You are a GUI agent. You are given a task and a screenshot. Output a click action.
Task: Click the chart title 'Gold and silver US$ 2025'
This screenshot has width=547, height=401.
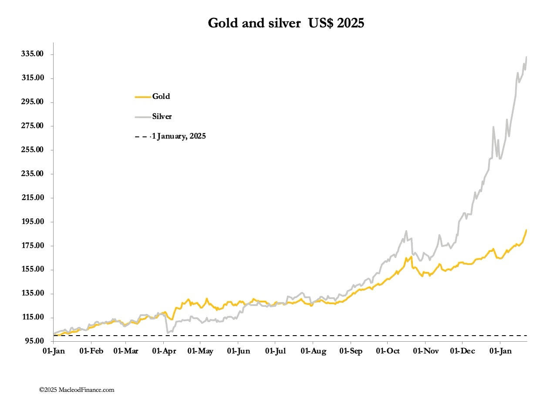[286, 23]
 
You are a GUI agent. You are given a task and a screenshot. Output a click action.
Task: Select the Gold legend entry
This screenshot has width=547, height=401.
[161, 96]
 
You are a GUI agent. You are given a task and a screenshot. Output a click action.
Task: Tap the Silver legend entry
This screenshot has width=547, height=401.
[162, 116]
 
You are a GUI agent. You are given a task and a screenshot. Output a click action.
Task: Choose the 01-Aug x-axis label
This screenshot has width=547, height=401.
[313, 351]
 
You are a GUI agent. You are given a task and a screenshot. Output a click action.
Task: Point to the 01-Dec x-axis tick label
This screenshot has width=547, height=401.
[462, 351]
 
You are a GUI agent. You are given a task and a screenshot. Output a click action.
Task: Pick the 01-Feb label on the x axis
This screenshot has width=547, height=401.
[91, 351]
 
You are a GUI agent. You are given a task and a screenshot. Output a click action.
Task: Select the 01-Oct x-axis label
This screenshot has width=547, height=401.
[388, 351]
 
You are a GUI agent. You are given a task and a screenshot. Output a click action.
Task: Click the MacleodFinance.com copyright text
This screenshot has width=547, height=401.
[77, 390]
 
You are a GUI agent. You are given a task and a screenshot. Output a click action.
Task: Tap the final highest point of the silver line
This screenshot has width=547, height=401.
[527, 57]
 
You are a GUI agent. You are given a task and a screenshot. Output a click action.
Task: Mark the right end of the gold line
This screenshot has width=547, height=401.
[527, 230]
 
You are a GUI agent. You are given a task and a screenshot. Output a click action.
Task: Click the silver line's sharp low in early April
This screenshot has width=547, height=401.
[168, 333]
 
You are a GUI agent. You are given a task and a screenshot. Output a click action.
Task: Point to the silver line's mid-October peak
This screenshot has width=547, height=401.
[406, 231]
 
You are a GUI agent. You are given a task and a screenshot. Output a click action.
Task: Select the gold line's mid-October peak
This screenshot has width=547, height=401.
[411, 257]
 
